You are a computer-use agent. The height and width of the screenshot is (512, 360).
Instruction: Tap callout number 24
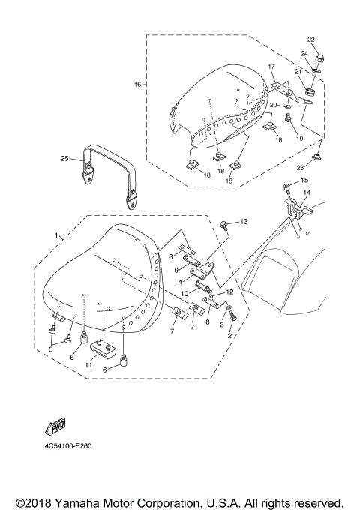tap(305, 54)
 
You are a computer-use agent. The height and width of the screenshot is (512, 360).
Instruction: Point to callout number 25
tap(64, 158)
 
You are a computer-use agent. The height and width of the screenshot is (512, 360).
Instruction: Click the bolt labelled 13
tap(225, 222)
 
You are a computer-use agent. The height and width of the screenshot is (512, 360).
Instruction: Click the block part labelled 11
tap(103, 348)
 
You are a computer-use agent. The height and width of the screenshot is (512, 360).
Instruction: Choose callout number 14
tap(306, 193)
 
